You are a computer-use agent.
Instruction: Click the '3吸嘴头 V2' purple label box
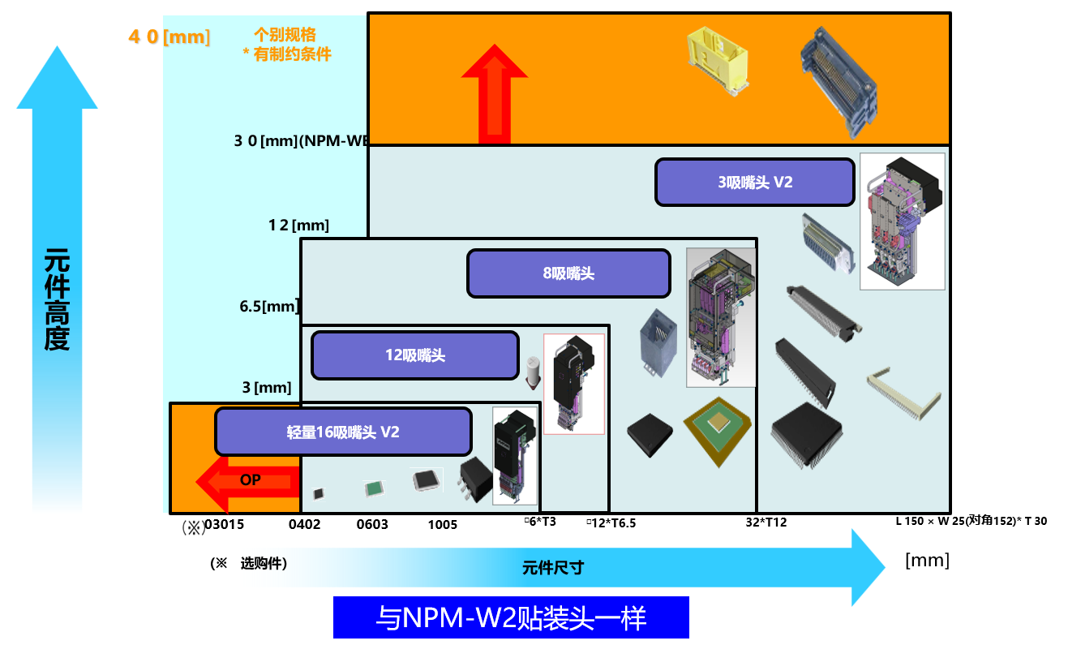[754, 182]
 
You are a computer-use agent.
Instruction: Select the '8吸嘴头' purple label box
[568, 273]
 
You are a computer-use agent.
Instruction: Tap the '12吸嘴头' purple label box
[414, 355]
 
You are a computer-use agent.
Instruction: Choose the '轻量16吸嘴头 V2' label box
[343, 432]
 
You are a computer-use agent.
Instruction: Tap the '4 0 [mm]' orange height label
[169, 37]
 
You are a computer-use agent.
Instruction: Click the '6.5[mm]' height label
[269, 306]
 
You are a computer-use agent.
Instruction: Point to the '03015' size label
[225, 524]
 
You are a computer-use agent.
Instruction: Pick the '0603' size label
[372, 524]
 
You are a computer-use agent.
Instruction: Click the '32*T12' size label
[766, 522]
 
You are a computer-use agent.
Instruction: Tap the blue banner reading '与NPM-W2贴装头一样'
[511, 618]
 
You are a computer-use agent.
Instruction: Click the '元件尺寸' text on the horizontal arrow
[552, 568]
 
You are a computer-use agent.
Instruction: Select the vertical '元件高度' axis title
[57, 299]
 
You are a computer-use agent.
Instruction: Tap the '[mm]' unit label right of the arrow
[927, 560]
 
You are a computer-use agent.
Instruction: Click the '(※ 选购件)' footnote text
[248, 563]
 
